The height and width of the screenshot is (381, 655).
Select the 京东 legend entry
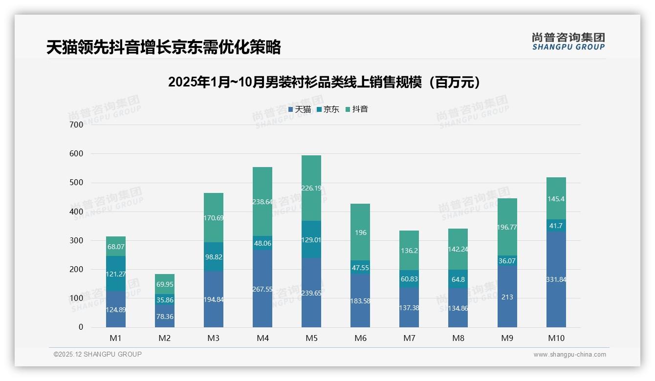click(327, 109)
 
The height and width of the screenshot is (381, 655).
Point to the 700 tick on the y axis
click(77, 125)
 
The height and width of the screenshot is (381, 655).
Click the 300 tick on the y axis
click(77, 240)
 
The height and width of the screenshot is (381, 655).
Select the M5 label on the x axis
click(311, 338)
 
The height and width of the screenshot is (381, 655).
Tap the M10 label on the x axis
click(556, 338)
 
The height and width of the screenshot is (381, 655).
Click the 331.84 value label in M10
click(556, 279)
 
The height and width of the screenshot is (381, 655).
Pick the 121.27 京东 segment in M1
click(116, 274)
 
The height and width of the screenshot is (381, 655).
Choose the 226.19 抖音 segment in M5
click(311, 188)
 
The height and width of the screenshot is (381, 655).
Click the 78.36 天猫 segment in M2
click(165, 316)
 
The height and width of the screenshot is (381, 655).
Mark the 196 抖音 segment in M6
click(360, 232)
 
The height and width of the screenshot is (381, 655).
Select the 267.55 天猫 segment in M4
click(262, 289)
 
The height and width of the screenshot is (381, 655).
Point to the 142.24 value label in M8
click(458, 249)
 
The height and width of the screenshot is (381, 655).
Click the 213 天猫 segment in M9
click(507, 296)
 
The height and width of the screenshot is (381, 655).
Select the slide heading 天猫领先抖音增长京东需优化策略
click(164, 47)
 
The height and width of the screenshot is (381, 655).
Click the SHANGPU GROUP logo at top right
click(568, 42)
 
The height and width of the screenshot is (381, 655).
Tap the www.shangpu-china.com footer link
click(569, 355)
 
